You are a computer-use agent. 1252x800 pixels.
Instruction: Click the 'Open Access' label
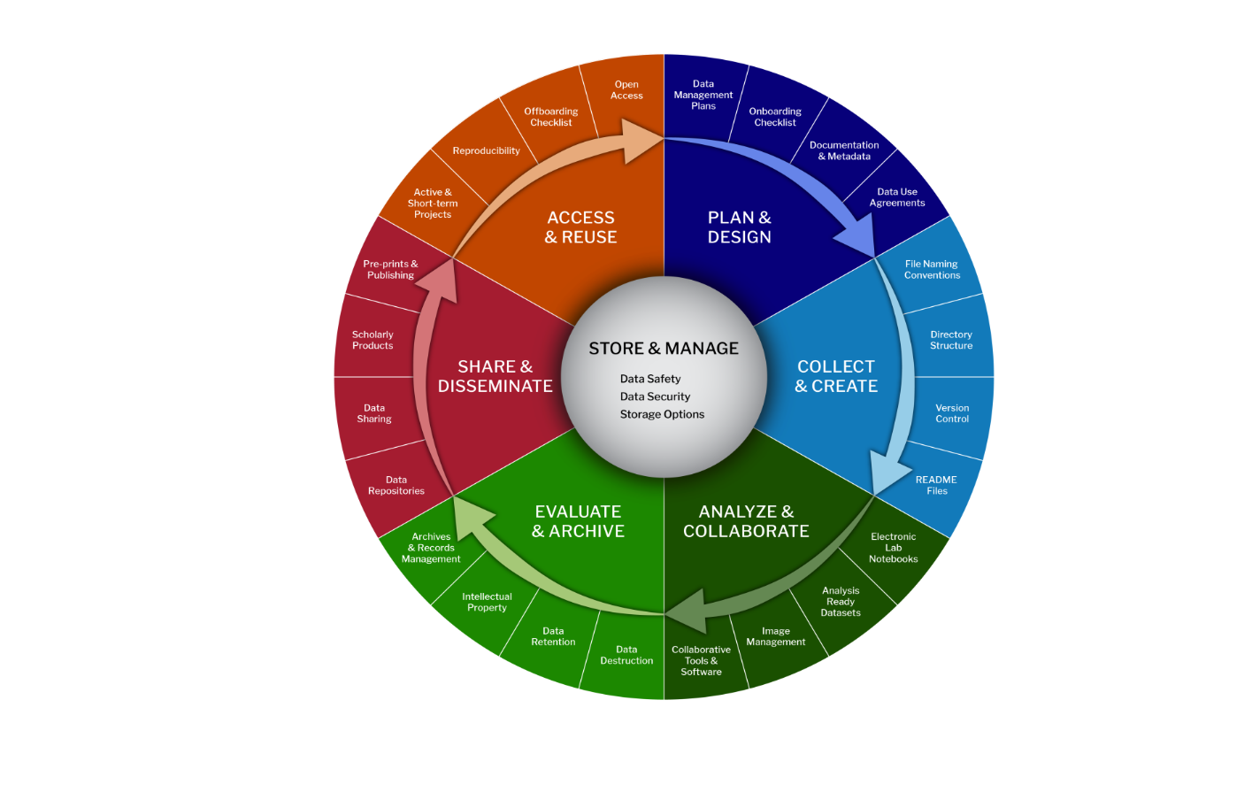point(626,90)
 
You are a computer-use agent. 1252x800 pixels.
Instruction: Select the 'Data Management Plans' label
point(703,95)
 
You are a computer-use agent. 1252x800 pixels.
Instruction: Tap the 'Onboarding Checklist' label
point(775,117)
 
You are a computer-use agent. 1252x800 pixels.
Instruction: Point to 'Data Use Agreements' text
point(897,197)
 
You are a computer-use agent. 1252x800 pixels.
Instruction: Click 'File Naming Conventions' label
point(932,270)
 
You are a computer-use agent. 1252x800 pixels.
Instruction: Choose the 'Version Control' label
point(952,413)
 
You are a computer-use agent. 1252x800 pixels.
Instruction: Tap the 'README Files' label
point(936,485)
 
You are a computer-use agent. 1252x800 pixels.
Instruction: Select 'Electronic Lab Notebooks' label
point(893,548)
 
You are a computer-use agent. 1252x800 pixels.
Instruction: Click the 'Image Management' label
point(775,636)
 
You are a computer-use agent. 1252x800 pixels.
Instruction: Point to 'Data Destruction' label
point(626,655)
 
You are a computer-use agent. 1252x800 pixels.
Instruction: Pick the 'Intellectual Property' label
point(487,602)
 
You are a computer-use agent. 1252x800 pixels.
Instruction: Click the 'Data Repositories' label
point(396,485)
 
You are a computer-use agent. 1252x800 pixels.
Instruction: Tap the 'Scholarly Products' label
point(373,340)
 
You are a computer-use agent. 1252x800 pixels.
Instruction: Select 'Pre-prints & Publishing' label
point(390,270)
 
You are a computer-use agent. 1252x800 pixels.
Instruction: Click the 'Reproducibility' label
point(486,150)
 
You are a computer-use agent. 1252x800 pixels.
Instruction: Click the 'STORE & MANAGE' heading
point(664,349)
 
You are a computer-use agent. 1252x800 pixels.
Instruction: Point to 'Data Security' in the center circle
point(655,396)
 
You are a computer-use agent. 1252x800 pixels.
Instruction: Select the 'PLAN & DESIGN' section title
point(740,227)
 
